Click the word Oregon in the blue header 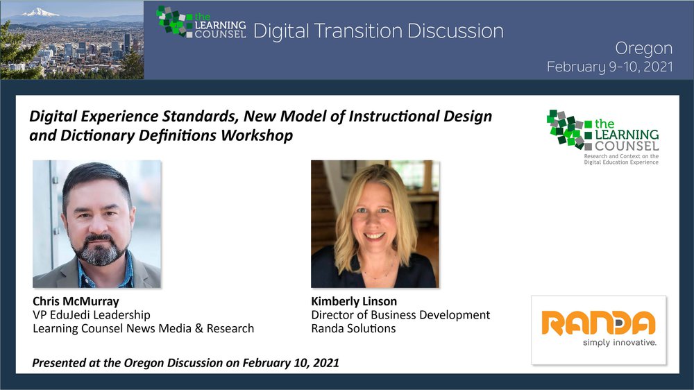643,49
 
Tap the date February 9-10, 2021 609,67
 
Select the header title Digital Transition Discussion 378,31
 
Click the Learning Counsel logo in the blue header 201,23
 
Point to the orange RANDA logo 598,323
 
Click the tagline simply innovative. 619,342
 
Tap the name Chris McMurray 76,301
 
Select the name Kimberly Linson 354,301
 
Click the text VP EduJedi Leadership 92,315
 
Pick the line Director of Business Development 400,315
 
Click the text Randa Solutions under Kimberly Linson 353,328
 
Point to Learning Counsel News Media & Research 144,328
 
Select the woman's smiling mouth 375,236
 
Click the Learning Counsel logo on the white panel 603,137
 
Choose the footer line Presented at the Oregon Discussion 185,363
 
